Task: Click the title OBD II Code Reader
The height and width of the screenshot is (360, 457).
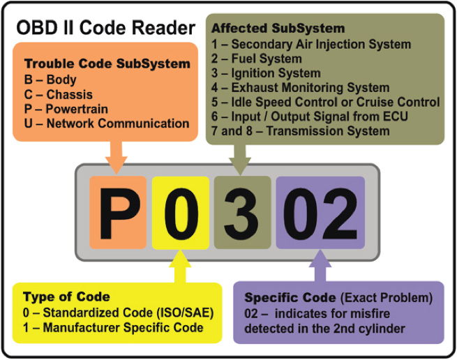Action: pyautogui.click(x=105, y=28)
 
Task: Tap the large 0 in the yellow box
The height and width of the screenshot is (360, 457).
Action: pyautogui.click(x=181, y=213)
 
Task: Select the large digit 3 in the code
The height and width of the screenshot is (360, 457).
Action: pyautogui.click(x=241, y=213)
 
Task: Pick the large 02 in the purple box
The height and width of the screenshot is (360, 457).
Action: pyautogui.click(x=320, y=213)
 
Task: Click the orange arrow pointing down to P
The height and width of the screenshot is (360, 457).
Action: pyautogui.click(x=117, y=158)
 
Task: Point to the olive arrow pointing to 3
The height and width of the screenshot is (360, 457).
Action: pyautogui.click(x=240, y=160)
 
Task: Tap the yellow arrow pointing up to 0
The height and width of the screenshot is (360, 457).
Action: pyautogui.click(x=180, y=266)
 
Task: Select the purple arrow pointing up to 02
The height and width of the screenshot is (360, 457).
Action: pyautogui.click(x=320, y=266)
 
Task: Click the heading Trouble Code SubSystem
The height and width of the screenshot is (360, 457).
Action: pyautogui.click(x=107, y=64)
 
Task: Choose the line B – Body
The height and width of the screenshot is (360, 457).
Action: pyautogui.click(x=50, y=80)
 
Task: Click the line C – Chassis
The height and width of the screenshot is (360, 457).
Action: pyautogui.click(x=59, y=94)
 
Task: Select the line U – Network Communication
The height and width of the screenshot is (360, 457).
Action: pyautogui.click(x=107, y=123)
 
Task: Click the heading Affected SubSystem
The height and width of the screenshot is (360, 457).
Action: pyautogui.click(x=278, y=29)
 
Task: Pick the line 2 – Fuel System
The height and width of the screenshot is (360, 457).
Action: pyautogui.click(x=257, y=59)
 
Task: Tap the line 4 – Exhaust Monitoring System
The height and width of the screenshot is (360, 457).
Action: pyautogui.click(x=301, y=87)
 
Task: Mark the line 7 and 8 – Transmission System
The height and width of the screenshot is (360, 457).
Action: pyautogui.click(x=301, y=131)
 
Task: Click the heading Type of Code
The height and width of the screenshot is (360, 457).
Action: pyautogui.click(x=66, y=297)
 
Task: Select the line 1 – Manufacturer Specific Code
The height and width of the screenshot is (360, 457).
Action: pyautogui.click(x=113, y=327)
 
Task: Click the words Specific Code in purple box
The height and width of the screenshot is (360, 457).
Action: pyautogui.click(x=290, y=298)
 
